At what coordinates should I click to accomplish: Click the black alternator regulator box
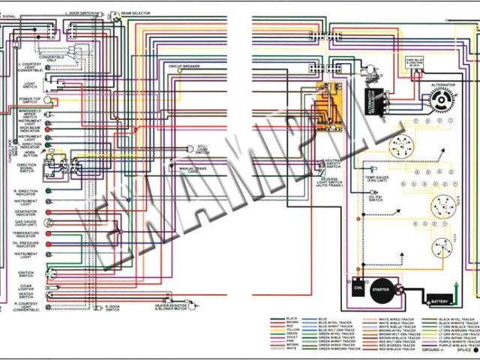coord(373,100)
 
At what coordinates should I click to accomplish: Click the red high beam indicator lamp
coord(48,128)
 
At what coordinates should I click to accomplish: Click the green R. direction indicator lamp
coord(48,190)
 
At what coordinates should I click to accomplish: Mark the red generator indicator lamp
coord(48,212)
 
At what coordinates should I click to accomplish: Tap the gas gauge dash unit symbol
coord(49,223)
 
